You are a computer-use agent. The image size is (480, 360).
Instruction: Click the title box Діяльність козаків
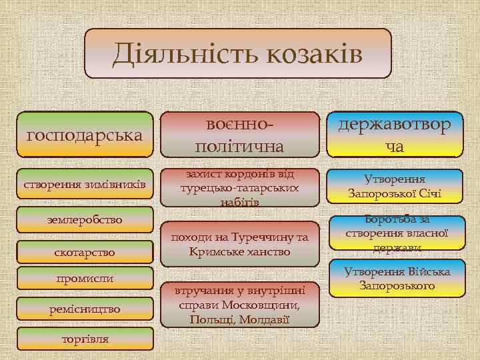point(238,53)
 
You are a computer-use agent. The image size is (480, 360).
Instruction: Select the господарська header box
point(85,135)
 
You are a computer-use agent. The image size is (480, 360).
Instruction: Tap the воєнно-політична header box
point(240,135)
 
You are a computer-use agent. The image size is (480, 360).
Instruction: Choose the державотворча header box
point(395,135)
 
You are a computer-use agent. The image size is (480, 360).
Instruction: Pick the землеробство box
point(85,219)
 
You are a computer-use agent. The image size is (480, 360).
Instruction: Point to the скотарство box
point(85,253)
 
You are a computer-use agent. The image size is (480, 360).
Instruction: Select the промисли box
point(85,278)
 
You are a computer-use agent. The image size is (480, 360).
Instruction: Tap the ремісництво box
point(85,309)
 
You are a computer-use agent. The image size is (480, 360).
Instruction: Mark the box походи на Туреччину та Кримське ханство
point(240,245)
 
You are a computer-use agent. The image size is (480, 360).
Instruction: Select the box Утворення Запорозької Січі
point(395,187)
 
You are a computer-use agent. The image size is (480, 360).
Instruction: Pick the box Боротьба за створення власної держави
point(395,233)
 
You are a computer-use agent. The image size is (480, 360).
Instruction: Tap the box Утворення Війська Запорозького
point(395,279)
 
